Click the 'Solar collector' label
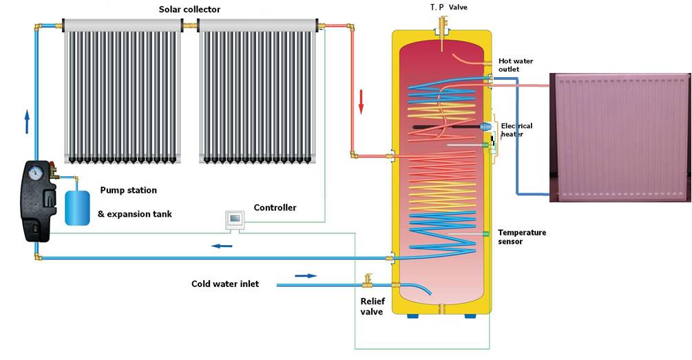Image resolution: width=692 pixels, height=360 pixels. click(x=189, y=9)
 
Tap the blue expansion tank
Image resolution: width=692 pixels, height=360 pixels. click(x=76, y=207)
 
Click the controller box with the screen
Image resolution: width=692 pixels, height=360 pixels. click(x=234, y=220)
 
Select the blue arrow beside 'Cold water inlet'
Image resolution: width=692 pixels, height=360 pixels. click(x=306, y=275)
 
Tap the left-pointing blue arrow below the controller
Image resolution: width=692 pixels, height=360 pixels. click(x=220, y=245)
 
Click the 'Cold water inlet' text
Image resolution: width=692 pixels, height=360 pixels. click(x=225, y=284)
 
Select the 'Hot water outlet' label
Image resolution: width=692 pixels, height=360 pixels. click(x=516, y=65)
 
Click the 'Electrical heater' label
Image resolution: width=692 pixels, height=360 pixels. click(x=516, y=130)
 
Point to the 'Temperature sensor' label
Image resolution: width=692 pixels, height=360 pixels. click(x=522, y=237)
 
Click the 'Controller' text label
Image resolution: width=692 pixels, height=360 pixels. click(x=275, y=207)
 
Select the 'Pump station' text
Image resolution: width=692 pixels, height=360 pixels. click(x=128, y=190)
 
